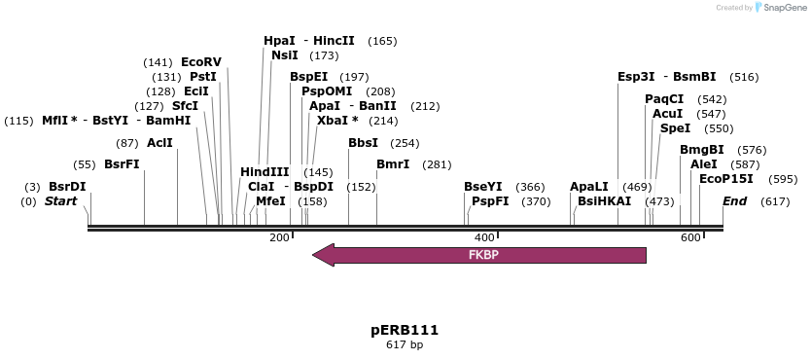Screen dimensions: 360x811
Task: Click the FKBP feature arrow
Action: coord(479,255)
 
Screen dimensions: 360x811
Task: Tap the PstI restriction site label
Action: coord(203,76)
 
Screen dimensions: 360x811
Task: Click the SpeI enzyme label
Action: coord(676,127)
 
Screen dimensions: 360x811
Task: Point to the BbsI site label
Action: coord(364,143)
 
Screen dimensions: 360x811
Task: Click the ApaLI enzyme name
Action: coord(589,186)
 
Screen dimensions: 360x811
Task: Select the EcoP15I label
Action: coord(726,178)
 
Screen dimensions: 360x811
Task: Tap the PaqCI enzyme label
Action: coord(664,98)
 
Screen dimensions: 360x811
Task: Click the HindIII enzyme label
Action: coord(264,171)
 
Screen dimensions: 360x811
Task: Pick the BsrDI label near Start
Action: coord(67,186)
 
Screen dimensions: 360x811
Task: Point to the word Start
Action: coord(61,201)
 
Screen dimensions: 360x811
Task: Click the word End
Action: coord(735,201)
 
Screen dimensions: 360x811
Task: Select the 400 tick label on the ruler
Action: coord(483,238)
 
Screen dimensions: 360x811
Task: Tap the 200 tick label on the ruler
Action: coord(279,238)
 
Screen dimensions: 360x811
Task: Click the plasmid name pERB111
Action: coord(405,330)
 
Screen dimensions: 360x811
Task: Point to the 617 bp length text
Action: coord(405,344)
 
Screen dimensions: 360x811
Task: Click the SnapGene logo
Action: coord(778,8)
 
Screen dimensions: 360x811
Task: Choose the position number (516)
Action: coord(744,77)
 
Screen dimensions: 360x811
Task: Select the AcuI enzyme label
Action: coord(668,114)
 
